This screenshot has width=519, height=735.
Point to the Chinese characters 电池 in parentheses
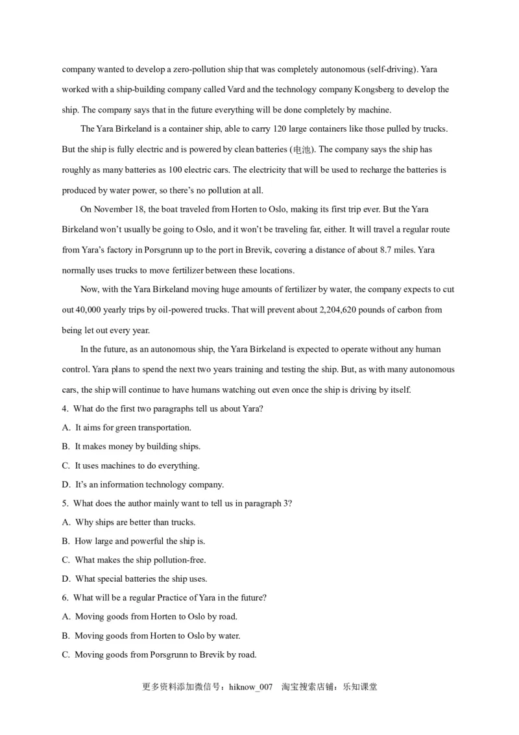coord(302,150)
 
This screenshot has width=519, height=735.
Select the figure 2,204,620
coord(343,310)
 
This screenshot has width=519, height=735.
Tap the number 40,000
coord(91,310)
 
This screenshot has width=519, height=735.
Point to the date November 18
coord(122,210)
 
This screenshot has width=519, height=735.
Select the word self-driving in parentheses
coord(392,69)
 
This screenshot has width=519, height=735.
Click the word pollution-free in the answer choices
coord(178,560)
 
